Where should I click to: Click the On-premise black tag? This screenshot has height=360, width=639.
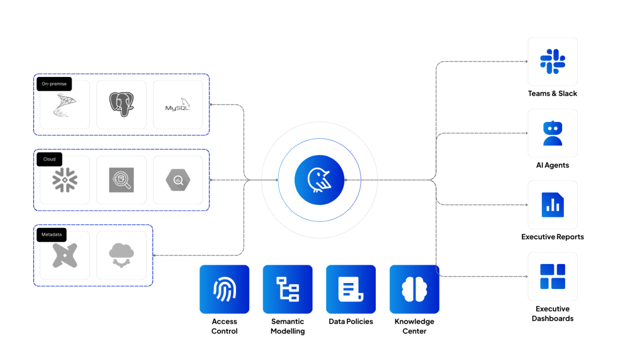(x=54, y=84)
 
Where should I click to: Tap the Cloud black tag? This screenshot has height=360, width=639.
(x=49, y=159)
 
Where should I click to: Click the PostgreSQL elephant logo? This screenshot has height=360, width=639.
(x=121, y=104)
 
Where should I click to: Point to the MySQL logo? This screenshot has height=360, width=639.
(x=177, y=105)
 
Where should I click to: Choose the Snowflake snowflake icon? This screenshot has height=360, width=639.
(x=64, y=180)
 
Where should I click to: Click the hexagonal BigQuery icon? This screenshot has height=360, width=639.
(x=177, y=180)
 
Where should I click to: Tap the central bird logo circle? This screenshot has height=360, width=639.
(x=319, y=180)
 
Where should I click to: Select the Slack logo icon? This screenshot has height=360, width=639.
(x=553, y=62)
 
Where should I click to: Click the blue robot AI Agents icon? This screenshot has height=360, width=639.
(x=553, y=133)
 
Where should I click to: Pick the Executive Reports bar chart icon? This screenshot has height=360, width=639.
(x=553, y=205)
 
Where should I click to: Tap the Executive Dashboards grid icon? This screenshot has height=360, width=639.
(x=553, y=277)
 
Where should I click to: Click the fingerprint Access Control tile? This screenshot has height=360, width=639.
(x=224, y=289)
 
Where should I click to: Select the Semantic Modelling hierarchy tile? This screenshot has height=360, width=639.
(x=288, y=289)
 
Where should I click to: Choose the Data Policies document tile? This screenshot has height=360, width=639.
(x=351, y=289)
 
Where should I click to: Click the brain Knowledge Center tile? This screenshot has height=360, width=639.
(x=414, y=289)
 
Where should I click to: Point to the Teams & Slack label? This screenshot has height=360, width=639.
(x=553, y=94)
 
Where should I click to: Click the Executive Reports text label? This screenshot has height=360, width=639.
(x=553, y=237)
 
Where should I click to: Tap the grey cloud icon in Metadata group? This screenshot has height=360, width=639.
(x=121, y=255)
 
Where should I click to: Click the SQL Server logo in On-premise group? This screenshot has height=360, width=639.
(x=64, y=105)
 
